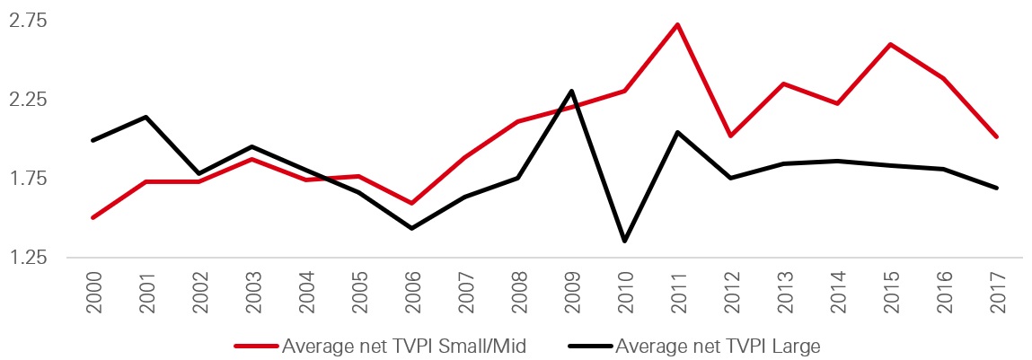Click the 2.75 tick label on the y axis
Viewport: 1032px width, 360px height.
[28, 20]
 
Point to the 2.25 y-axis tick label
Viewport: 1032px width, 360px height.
[28, 99]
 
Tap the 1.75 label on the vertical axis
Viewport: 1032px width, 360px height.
[28, 179]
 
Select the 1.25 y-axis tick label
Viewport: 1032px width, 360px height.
[28, 258]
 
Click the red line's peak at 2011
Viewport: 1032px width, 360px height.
[678, 24]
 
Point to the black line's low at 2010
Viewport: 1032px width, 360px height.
[625, 241]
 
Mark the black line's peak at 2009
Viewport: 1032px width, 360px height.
[572, 91]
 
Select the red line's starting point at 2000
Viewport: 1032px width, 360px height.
[93, 217]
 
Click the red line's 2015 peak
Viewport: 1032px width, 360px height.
[890, 44]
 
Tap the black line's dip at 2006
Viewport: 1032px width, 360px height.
[412, 228]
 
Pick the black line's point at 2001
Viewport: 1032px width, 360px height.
[146, 117]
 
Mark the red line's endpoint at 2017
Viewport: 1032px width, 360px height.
[997, 136]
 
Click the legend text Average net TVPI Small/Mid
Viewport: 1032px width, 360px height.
[403, 344]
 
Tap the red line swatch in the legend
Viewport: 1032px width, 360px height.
[256, 345]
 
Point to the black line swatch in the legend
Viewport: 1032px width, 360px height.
[588, 345]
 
